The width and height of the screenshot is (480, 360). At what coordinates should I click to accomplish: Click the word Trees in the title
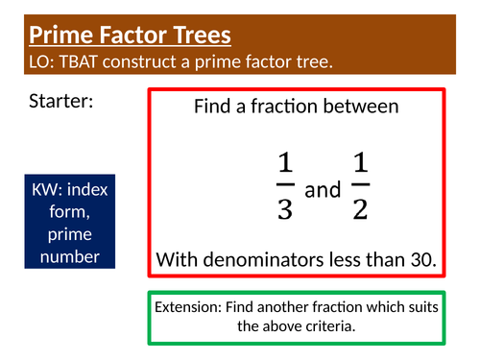(x=197, y=36)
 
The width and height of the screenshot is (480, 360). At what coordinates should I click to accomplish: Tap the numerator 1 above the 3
(x=284, y=165)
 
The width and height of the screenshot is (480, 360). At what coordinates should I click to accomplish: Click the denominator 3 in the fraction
(x=284, y=209)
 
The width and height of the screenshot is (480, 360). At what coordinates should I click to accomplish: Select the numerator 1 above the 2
(x=360, y=165)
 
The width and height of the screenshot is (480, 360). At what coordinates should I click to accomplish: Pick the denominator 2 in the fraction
(x=360, y=209)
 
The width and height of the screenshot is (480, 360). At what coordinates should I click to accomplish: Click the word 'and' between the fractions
(x=323, y=190)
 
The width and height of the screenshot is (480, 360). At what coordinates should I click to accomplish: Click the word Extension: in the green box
(x=189, y=307)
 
